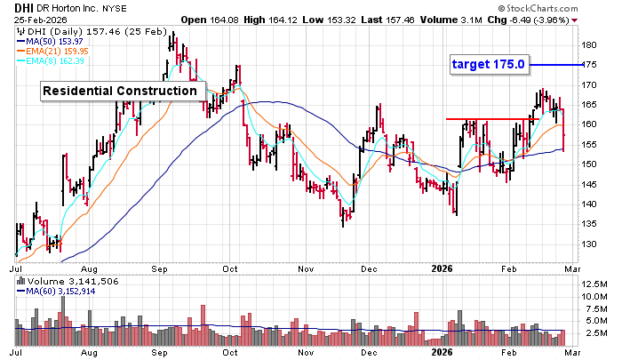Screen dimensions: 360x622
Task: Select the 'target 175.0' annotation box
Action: pos(488,64)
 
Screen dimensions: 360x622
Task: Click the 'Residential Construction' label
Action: pos(119,91)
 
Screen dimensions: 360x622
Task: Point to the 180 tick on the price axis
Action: pos(588,45)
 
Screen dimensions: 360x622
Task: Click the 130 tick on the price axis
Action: pos(588,244)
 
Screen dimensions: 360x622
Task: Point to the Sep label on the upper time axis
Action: pos(161,266)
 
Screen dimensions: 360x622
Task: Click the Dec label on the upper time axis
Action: pos(369,266)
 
